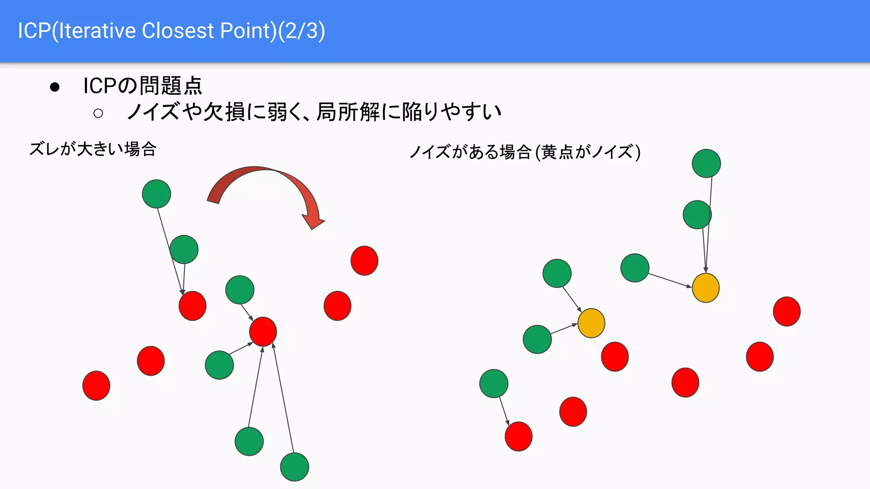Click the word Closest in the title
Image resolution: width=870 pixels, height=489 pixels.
[x=178, y=31]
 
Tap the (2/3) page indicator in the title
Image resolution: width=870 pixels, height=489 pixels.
[x=301, y=31]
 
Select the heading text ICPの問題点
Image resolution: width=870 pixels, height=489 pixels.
[x=143, y=86]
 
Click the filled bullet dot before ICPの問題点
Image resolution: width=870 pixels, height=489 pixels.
[x=55, y=87]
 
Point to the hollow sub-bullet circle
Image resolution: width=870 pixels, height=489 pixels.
[x=98, y=113]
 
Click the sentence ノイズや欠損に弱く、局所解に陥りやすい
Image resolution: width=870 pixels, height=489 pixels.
[x=314, y=112]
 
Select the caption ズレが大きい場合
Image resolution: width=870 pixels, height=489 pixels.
[x=93, y=149]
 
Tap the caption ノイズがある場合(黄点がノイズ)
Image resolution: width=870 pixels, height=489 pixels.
[x=525, y=152]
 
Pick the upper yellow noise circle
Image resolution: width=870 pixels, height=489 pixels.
[x=706, y=288]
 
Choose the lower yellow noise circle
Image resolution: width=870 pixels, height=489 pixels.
[x=591, y=323]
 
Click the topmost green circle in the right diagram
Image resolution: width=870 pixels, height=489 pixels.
[x=706, y=163]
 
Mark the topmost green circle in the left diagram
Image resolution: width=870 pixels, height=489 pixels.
[x=156, y=194]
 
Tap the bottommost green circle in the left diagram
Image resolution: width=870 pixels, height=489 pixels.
[x=294, y=467]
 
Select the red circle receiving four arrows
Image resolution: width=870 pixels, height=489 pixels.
[x=263, y=332]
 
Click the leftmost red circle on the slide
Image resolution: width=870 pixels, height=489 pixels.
[x=96, y=385]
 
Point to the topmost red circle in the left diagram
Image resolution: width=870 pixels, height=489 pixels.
[x=364, y=261]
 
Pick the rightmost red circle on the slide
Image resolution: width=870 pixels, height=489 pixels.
[x=787, y=311]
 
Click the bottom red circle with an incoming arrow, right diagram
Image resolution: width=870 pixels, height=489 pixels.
[x=518, y=436]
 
